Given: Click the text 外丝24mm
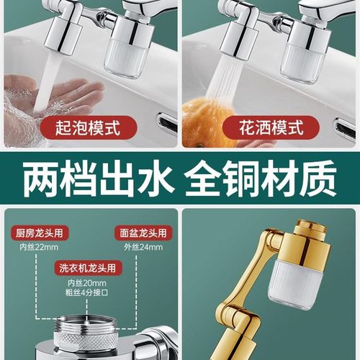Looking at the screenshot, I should pyautogui.click(x=141, y=247).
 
